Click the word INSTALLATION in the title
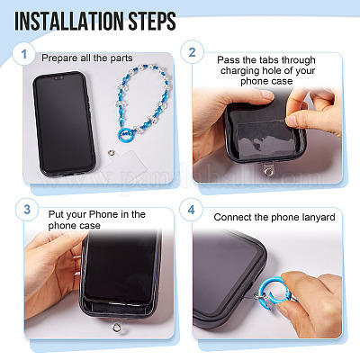pyautogui.click(x=69, y=21)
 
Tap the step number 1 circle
pyautogui.click(x=24, y=54)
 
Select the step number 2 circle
pyautogui.click(x=192, y=52)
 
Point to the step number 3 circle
pyautogui.click(x=27, y=209)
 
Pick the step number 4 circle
pyautogui.click(x=191, y=210)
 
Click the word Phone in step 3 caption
pyautogui.click(x=103, y=214)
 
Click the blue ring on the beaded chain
pyautogui.click(x=125, y=135)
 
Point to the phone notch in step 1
pyautogui.click(x=58, y=78)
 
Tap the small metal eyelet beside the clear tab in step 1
pyautogui.click(x=111, y=153)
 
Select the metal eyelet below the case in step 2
pyautogui.click(x=267, y=172)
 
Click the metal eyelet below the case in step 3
pyautogui.click(x=116, y=328)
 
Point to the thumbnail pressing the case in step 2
pyautogui.click(x=266, y=94)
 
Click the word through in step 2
pyautogui.click(x=299, y=60)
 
